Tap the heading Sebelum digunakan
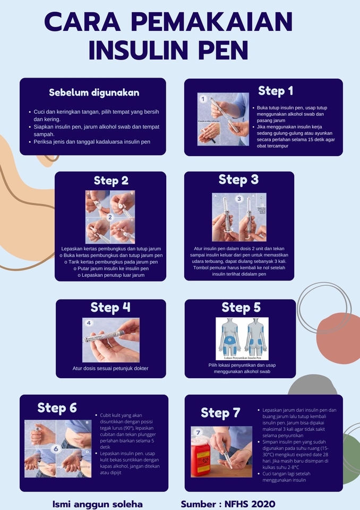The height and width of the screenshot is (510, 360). pos(94,92)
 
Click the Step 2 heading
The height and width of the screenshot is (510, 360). pos(111,181)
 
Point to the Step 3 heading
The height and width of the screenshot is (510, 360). pos(238,180)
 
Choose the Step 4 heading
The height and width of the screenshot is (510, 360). pos(110,307)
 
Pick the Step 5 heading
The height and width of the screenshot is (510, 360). pos(241,307)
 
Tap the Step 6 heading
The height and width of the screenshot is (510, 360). pos(57,407)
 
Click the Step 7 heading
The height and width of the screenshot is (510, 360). pos(220,413)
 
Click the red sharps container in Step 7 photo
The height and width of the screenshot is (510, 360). pos(201,458)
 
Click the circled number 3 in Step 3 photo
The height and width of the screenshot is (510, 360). pos(239,199)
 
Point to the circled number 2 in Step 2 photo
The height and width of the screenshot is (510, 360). pos(110,217)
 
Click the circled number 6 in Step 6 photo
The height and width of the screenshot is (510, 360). pos(55,449)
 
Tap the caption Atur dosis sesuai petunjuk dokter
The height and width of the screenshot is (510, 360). pos(110,368)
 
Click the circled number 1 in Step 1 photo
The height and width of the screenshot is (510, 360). pos(202,99)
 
